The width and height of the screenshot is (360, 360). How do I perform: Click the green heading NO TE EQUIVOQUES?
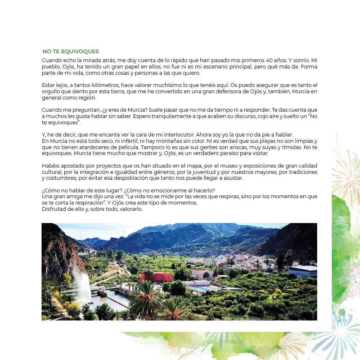(71, 52)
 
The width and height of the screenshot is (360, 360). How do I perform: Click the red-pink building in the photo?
(157, 277)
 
